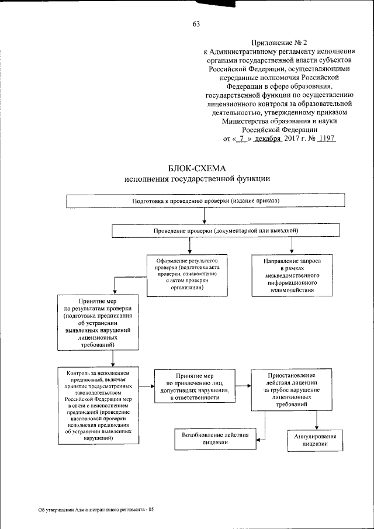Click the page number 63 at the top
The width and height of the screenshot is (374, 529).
pyautogui.click(x=195, y=24)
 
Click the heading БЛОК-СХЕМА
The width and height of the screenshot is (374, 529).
pyautogui.click(x=196, y=168)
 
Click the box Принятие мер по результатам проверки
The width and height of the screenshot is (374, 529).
pyautogui.click(x=98, y=322)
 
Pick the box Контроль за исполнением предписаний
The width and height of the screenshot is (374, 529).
pyautogui.click(x=98, y=404)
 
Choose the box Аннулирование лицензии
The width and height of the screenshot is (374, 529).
pyautogui.click(x=314, y=440)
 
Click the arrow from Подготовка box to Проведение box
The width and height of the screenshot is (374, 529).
pyautogui.click(x=203, y=216)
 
